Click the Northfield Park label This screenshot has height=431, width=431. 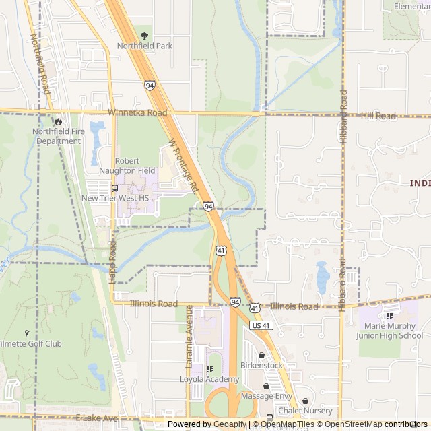(145, 46)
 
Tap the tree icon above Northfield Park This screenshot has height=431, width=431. (144, 35)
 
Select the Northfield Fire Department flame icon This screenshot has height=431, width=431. (59, 121)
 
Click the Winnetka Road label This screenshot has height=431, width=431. (137, 113)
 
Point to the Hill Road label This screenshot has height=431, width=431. (378, 116)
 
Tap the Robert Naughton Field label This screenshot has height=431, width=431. (136, 166)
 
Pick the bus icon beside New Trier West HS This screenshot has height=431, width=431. (114, 188)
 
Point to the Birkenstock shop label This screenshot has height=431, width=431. (261, 365)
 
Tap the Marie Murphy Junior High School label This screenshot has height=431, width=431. (391, 331)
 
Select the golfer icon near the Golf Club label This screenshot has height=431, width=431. (27, 333)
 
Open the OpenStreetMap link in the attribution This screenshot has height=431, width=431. (349, 424)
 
